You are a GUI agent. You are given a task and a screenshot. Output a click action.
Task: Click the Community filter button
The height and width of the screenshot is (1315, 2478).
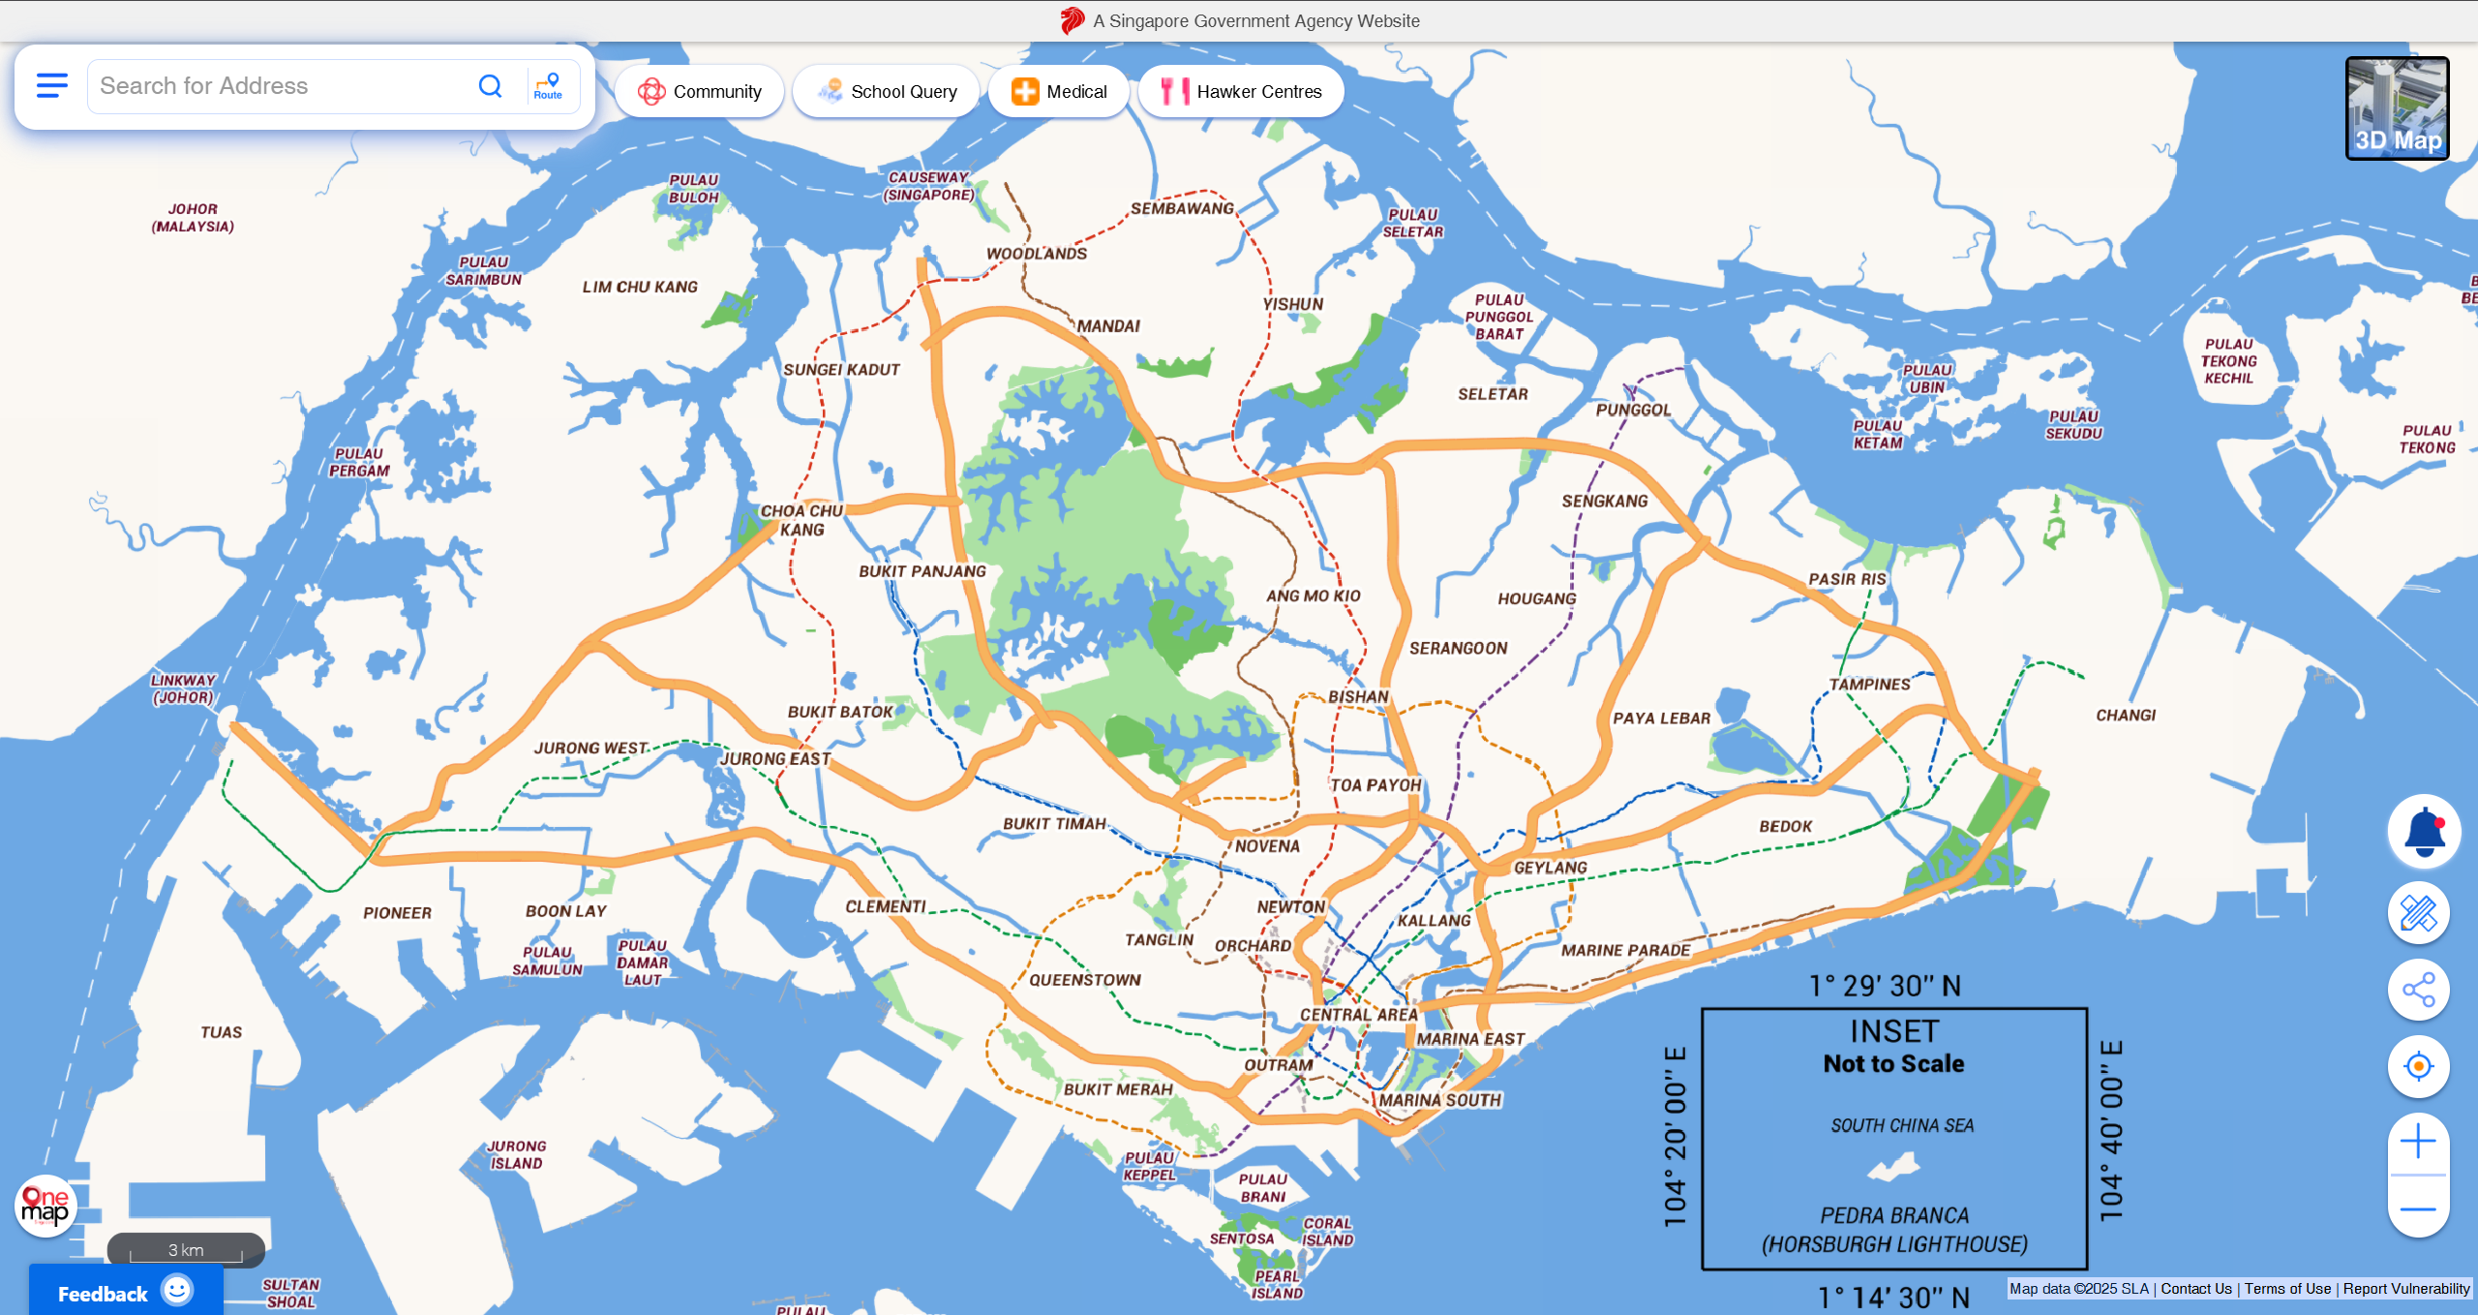699,91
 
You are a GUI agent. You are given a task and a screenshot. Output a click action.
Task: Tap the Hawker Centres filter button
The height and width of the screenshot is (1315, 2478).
1241,91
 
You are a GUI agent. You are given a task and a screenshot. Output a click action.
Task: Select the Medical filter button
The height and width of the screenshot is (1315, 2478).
1059,91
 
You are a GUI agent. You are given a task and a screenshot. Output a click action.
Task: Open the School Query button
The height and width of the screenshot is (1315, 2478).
886,91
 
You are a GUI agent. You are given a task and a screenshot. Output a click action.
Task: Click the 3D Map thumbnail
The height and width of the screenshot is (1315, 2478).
2397,107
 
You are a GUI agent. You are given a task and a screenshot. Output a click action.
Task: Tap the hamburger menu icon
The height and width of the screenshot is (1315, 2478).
52,85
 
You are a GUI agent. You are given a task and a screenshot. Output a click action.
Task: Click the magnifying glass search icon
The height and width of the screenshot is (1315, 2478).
491,86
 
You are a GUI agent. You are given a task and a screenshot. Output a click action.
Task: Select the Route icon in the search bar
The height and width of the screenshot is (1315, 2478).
548,86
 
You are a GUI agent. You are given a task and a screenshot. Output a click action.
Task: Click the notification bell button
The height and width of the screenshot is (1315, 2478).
2418,832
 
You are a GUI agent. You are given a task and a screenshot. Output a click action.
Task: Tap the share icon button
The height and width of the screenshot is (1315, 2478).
2418,990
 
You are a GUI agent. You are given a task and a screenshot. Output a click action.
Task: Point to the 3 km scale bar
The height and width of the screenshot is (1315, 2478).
186,1250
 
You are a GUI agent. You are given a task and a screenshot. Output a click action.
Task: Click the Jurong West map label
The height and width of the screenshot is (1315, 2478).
590,749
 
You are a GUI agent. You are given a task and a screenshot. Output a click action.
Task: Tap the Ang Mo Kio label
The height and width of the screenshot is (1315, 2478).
1313,596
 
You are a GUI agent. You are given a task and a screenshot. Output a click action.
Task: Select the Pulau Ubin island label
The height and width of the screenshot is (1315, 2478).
1927,379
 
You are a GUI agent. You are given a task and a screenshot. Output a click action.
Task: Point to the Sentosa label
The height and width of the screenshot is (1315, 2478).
1241,1239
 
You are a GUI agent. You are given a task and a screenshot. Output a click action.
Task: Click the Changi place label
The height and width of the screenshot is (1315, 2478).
2126,716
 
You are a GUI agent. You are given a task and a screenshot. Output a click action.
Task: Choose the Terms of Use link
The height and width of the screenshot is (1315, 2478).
2287,1289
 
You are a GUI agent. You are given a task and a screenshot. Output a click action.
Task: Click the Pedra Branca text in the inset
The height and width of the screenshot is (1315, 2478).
1893,1215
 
